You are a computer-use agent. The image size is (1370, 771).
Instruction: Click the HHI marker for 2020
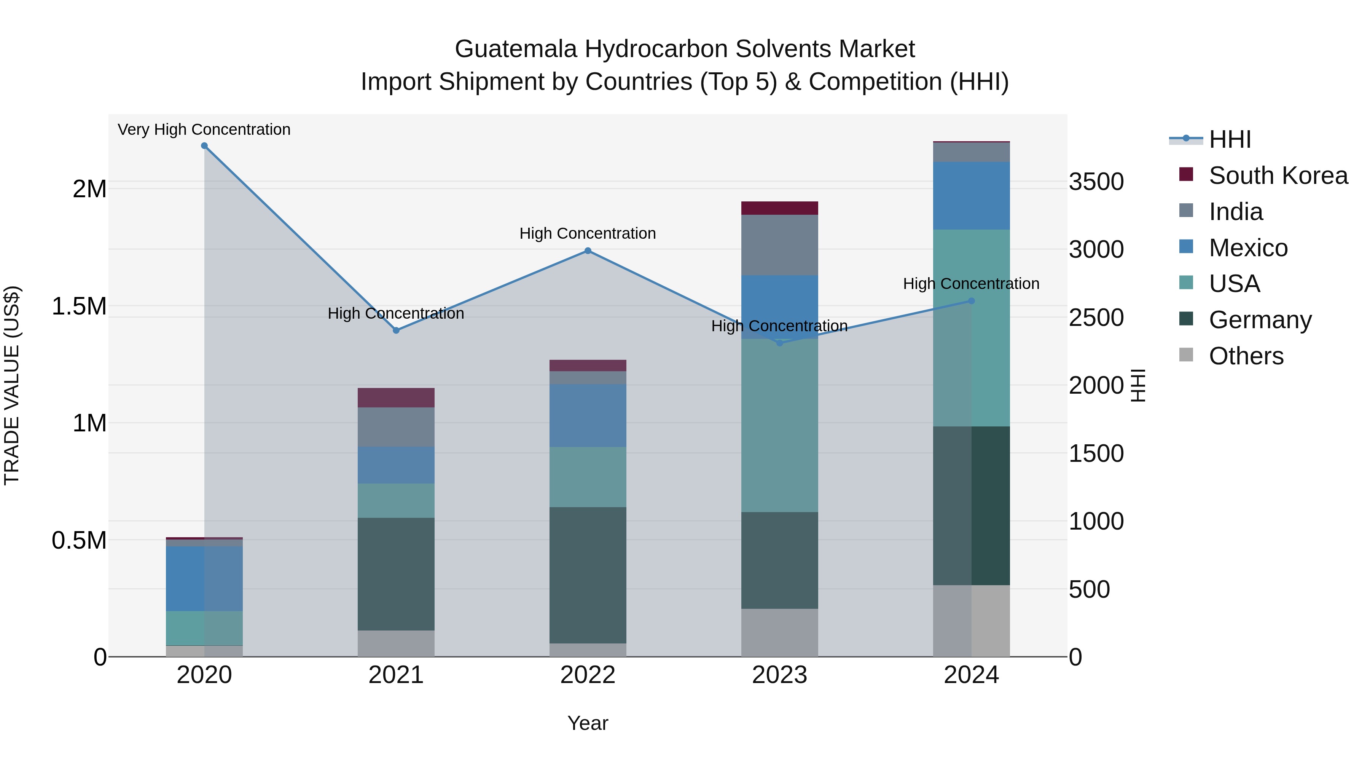coord(204,146)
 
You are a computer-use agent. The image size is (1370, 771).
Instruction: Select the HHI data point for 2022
coord(588,251)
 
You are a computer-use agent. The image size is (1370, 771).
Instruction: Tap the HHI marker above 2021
coord(396,330)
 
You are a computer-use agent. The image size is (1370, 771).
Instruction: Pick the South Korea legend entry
coord(1278,176)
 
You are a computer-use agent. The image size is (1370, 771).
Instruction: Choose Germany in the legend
coord(1260,320)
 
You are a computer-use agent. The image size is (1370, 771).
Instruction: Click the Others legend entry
coord(1246,356)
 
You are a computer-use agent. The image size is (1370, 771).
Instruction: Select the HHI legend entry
coord(1230,139)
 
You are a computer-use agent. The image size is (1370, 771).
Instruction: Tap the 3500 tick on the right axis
coord(1096,182)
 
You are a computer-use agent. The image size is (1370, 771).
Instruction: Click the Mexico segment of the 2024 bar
coord(971,195)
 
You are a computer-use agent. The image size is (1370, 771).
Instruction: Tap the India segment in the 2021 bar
coord(396,427)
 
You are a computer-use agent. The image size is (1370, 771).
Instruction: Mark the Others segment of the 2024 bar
coord(971,621)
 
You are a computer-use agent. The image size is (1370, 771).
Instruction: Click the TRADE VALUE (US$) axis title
coord(12,385)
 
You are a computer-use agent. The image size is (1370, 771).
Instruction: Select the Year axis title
coord(588,723)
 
